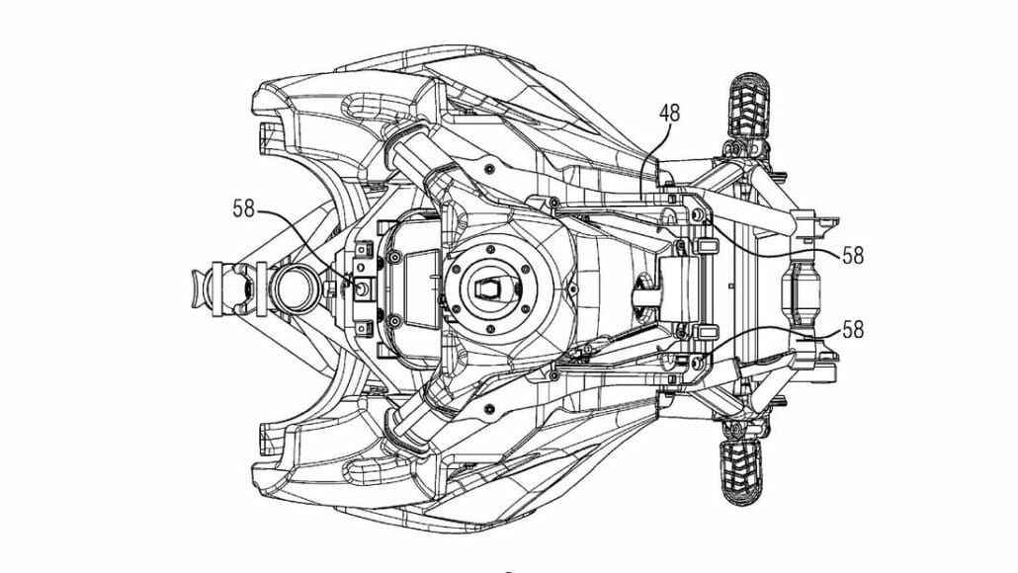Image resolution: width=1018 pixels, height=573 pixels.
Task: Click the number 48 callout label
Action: click(x=669, y=113)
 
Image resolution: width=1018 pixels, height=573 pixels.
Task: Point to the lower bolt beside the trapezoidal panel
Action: click(x=394, y=320)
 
